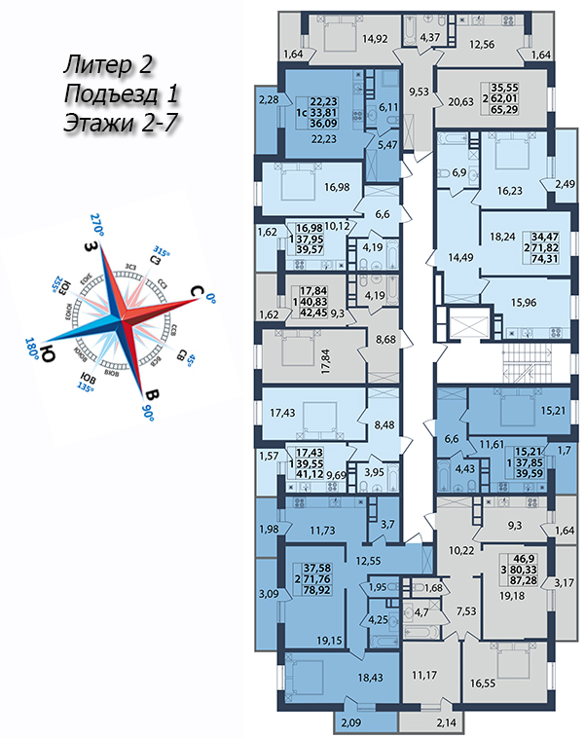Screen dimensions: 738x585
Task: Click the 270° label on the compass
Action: tap(96, 218)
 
